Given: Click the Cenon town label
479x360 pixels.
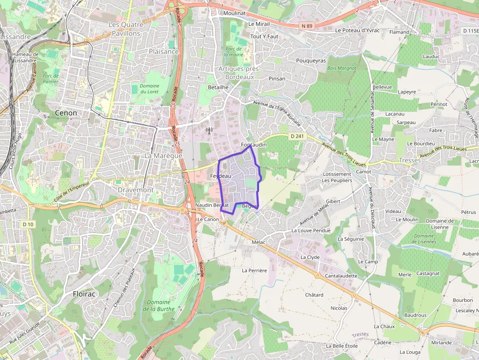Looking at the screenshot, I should [x=66, y=113].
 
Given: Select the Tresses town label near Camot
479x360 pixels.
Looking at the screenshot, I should [x=410, y=160].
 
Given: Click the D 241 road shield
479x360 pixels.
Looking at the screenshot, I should [x=296, y=136].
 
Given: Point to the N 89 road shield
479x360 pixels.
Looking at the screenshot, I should [x=307, y=25].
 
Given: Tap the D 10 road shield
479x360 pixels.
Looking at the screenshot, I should [x=28, y=224].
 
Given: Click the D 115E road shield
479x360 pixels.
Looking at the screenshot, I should [x=470, y=30].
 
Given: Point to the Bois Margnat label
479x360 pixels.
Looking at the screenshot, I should [x=342, y=68].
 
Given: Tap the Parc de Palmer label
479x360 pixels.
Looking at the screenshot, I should [x=50, y=79].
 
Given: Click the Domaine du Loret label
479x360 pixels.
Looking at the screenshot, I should [x=150, y=88].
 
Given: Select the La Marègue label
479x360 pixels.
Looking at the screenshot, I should [x=163, y=155].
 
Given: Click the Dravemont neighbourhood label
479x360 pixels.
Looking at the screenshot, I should [x=135, y=190].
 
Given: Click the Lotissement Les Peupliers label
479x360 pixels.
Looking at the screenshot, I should [x=337, y=177].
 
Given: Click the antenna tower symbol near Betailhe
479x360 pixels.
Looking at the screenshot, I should [x=209, y=131].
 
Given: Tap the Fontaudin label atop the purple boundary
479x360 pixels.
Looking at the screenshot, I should [x=254, y=145].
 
